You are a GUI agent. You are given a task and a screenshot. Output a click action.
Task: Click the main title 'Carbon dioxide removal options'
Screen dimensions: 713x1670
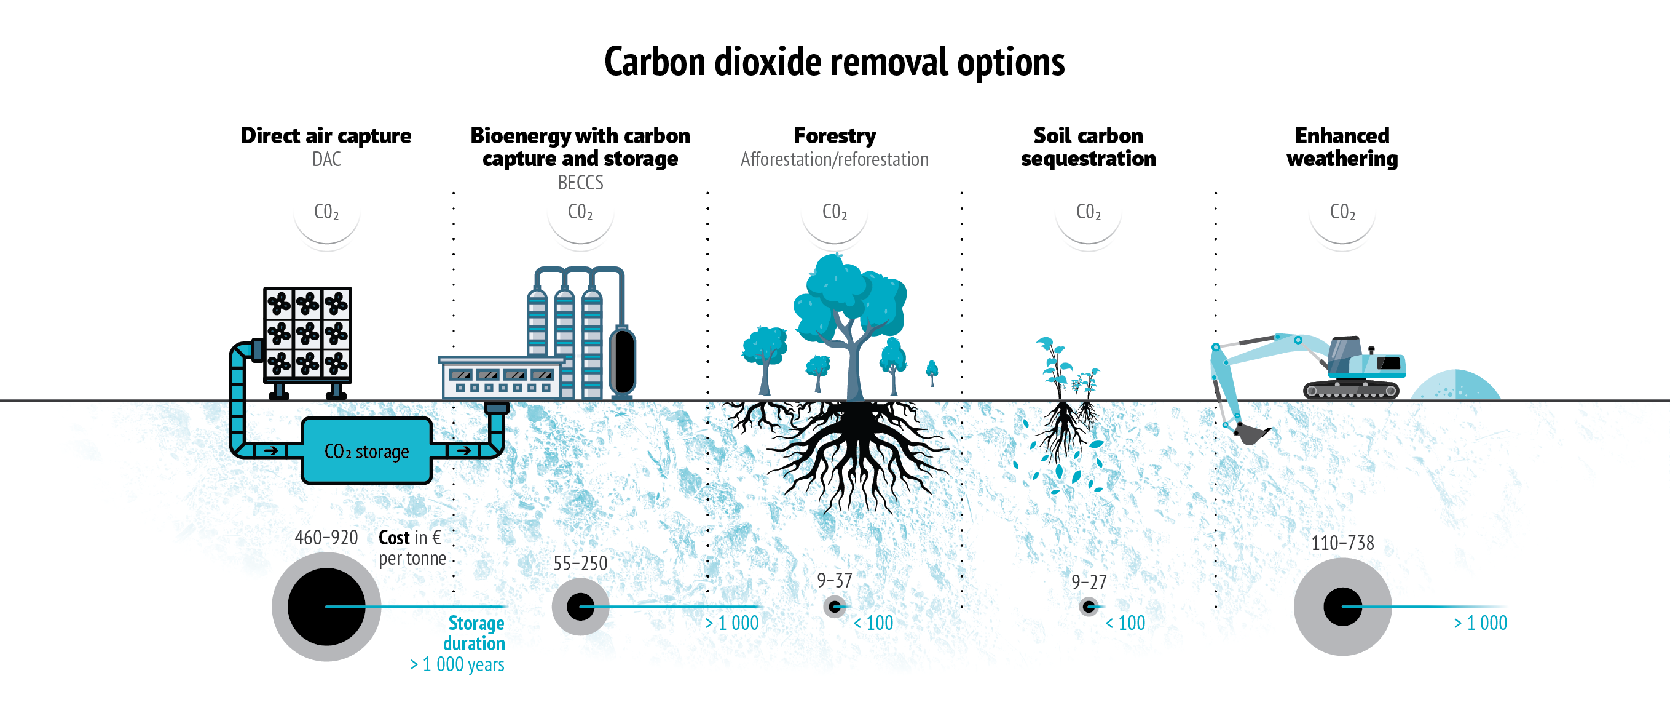click(x=834, y=62)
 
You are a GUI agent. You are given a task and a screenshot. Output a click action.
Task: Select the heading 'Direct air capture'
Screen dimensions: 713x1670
click(x=326, y=135)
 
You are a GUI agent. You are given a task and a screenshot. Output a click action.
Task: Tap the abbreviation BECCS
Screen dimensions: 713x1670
click(x=580, y=183)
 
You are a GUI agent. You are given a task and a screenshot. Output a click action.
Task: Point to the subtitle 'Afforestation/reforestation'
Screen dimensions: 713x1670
click(x=834, y=159)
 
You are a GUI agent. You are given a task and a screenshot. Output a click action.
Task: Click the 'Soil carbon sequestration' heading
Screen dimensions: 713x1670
click(x=1088, y=147)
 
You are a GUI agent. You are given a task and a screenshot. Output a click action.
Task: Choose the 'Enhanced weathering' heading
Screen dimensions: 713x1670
click(x=1342, y=147)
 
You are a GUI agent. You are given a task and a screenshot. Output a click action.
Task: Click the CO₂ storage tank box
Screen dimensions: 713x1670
click(x=366, y=451)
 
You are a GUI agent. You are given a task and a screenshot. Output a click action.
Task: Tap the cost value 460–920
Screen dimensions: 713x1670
click(x=326, y=537)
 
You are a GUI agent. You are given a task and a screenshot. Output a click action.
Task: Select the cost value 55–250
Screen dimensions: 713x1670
click(x=580, y=563)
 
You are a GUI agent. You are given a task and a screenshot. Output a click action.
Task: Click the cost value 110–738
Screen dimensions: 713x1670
click(x=1342, y=543)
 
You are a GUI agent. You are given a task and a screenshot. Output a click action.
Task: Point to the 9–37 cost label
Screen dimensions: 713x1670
click(x=834, y=580)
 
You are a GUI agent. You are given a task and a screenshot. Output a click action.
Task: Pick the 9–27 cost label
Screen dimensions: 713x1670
click(x=1089, y=582)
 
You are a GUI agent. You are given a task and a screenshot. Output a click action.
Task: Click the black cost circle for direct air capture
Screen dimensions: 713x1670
click(x=326, y=607)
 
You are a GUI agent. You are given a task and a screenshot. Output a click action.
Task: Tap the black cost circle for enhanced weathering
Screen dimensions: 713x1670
click(x=1342, y=607)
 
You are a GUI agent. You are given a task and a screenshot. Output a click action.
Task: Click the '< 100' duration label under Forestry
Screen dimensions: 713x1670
click(x=873, y=623)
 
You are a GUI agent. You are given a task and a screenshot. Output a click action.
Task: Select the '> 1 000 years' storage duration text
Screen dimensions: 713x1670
click(x=457, y=664)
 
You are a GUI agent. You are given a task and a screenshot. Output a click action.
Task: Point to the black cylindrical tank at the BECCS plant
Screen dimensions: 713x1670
click(x=623, y=360)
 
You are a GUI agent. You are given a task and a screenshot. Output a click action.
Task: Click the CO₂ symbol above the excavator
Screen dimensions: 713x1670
click(x=1342, y=212)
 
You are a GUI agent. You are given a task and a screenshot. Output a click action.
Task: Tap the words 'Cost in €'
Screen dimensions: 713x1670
click(x=410, y=537)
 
